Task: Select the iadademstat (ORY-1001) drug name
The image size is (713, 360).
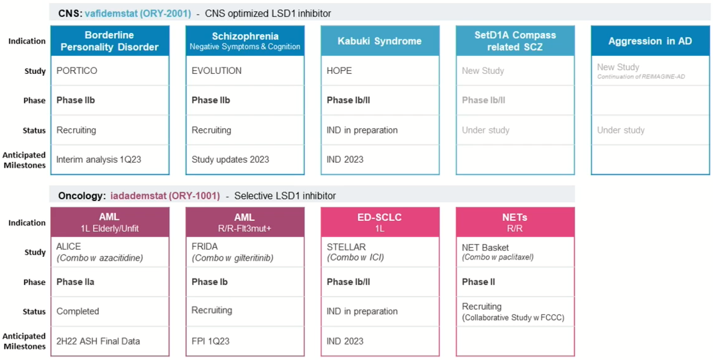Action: pyautogui.click(x=165, y=196)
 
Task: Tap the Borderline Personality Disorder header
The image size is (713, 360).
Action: pyautogui.click(x=109, y=41)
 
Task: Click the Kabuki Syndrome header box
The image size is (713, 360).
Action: pyautogui.click(x=379, y=41)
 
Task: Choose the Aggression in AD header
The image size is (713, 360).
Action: pyautogui.click(x=650, y=41)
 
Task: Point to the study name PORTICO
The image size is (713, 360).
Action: pyautogui.click(x=77, y=71)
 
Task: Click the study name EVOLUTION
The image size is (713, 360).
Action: pyautogui.click(x=217, y=71)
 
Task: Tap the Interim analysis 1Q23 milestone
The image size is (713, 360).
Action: pyautogui.click(x=99, y=160)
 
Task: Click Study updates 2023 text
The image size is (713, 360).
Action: pyautogui.click(x=230, y=160)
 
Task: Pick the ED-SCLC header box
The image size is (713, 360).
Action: pyautogui.click(x=379, y=222)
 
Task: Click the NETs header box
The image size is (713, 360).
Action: pyautogui.click(x=514, y=222)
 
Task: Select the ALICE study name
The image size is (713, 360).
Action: pyautogui.click(x=69, y=247)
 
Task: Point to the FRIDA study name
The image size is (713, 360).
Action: pyautogui.click(x=205, y=247)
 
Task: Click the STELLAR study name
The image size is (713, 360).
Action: pyautogui.click(x=346, y=247)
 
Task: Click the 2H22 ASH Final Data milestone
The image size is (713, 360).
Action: pyautogui.click(x=98, y=341)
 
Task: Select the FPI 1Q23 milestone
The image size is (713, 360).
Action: pyautogui.click(x=210, y=341)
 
